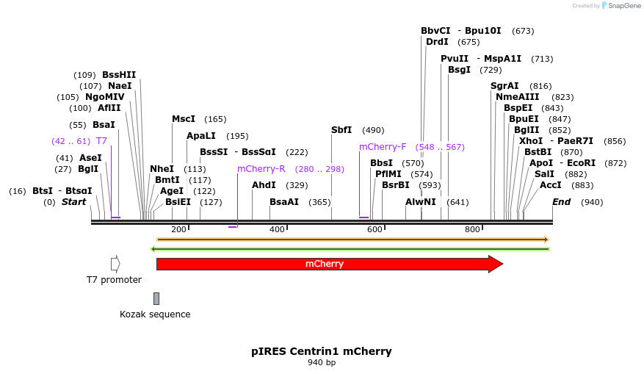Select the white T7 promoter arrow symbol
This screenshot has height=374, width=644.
(x=115, y=264)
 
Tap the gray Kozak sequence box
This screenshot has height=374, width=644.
(x=156, y=298)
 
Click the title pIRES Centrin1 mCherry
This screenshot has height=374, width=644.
(x=322, y=351)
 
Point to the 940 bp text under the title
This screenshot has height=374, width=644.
(x=322, y=363)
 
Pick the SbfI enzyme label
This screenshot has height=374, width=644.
(x=341, y=130)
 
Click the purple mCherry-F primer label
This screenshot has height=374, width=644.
(x=383, y=147)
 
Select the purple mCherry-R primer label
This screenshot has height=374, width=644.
(x=261, y=169)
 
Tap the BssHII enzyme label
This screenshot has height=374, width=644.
(x=119, y=75)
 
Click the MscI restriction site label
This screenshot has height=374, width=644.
(x=184, y=119)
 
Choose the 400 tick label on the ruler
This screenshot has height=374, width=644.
(x=277, y=230)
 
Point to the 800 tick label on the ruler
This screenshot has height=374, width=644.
(x=472, y=230)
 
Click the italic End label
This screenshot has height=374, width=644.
(x=561, y=202)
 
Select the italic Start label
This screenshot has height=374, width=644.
(x=73, y=202)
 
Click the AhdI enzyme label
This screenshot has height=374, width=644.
(x=264, y=185)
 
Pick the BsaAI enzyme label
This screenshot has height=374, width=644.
(x=284, y=202)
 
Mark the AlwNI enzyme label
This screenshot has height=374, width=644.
(x=421, y=202)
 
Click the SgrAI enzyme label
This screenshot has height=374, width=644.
(x=504, y=86)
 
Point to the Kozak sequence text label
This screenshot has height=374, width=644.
(x=155, y=314)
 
